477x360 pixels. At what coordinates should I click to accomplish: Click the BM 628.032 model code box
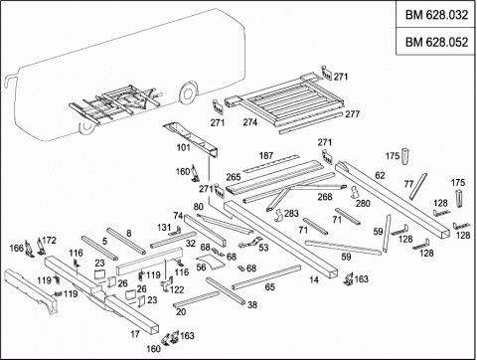tap(436, 15)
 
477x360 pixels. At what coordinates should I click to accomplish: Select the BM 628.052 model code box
tap(436, 42)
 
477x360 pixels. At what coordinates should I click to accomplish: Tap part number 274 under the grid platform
tap(250, 122)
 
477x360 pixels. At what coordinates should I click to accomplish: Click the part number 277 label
tap(353, 114)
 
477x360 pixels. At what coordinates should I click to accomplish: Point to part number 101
tap(184, 147)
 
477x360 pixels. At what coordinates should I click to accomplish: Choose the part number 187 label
tap(266, 155)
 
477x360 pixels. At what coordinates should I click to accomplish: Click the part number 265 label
tap(234, 177)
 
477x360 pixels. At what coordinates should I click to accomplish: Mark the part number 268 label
tap(325, 197)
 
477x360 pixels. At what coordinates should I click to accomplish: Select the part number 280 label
tap(363, 203)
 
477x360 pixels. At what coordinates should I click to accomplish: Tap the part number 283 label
tap(291, 213)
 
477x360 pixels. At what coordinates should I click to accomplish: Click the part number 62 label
tap(380, 175)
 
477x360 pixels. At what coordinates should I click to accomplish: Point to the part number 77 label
tap(409, 184)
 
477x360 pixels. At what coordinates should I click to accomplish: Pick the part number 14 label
tap(314, 280)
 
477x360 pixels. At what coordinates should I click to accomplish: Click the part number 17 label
tap(135, 334)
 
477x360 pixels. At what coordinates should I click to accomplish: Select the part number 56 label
tap(201, 267)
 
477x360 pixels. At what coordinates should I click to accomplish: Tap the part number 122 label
tap(177, 289)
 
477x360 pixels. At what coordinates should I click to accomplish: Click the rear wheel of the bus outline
tap(187, 93)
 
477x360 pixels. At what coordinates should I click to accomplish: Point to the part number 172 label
tap(49, 241)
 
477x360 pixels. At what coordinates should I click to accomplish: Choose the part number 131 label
tap(164, 228)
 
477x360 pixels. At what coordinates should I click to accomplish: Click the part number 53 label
tap(263, 248)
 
